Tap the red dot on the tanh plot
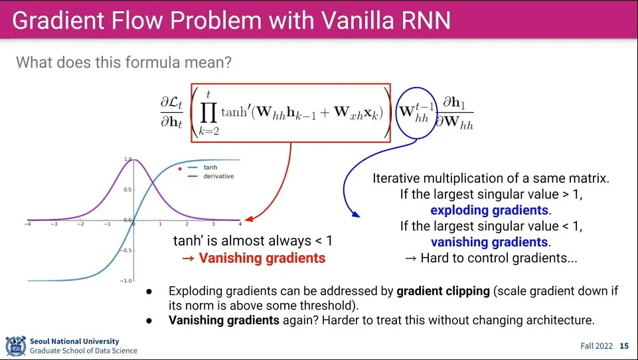[180, 169]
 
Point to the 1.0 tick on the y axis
[127, 159]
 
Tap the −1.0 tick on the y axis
[125, 281]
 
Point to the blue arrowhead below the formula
[355, 214]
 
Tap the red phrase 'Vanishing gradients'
[262, 258]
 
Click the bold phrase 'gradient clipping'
[441, 290]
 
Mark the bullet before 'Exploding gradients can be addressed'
[150, 291]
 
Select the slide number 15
[624, 346]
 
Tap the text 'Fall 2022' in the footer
[596, 346]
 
